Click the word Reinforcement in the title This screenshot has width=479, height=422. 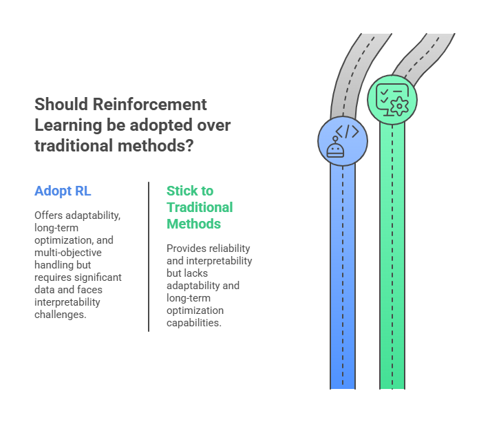(x=150, y=105)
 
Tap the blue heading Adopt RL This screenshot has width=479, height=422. (x=63, y=191)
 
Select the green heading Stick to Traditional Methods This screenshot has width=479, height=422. (x=200, y=207)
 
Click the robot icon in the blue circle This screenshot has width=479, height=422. (x=335, y=147)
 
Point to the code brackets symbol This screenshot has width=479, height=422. (x=347, y=131)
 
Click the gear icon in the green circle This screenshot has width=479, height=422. (x=399, y=106)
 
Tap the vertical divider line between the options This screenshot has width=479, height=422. (x=149, y=257)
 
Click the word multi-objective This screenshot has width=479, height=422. (x=68, y=253)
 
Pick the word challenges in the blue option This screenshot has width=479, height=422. (x=60, y=315)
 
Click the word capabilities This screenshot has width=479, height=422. (x=193, y=323)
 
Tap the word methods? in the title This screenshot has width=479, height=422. (x=156, y=145)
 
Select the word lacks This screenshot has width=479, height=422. (x=195, y=273)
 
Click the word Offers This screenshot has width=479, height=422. (x=49, y=215)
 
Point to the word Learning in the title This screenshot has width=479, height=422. (x=68, y=125)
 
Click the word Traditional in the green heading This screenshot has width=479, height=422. (x=200, y=207)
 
